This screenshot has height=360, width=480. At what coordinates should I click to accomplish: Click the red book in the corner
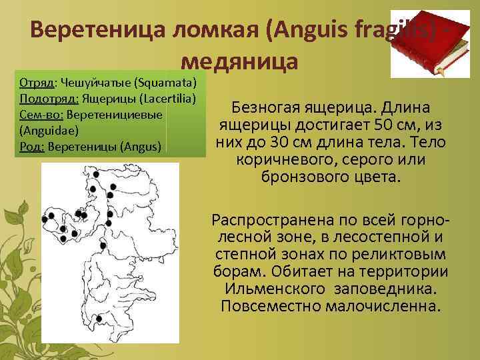434,47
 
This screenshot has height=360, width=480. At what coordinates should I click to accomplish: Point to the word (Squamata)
165,83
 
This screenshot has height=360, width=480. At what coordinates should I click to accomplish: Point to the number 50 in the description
363,126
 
